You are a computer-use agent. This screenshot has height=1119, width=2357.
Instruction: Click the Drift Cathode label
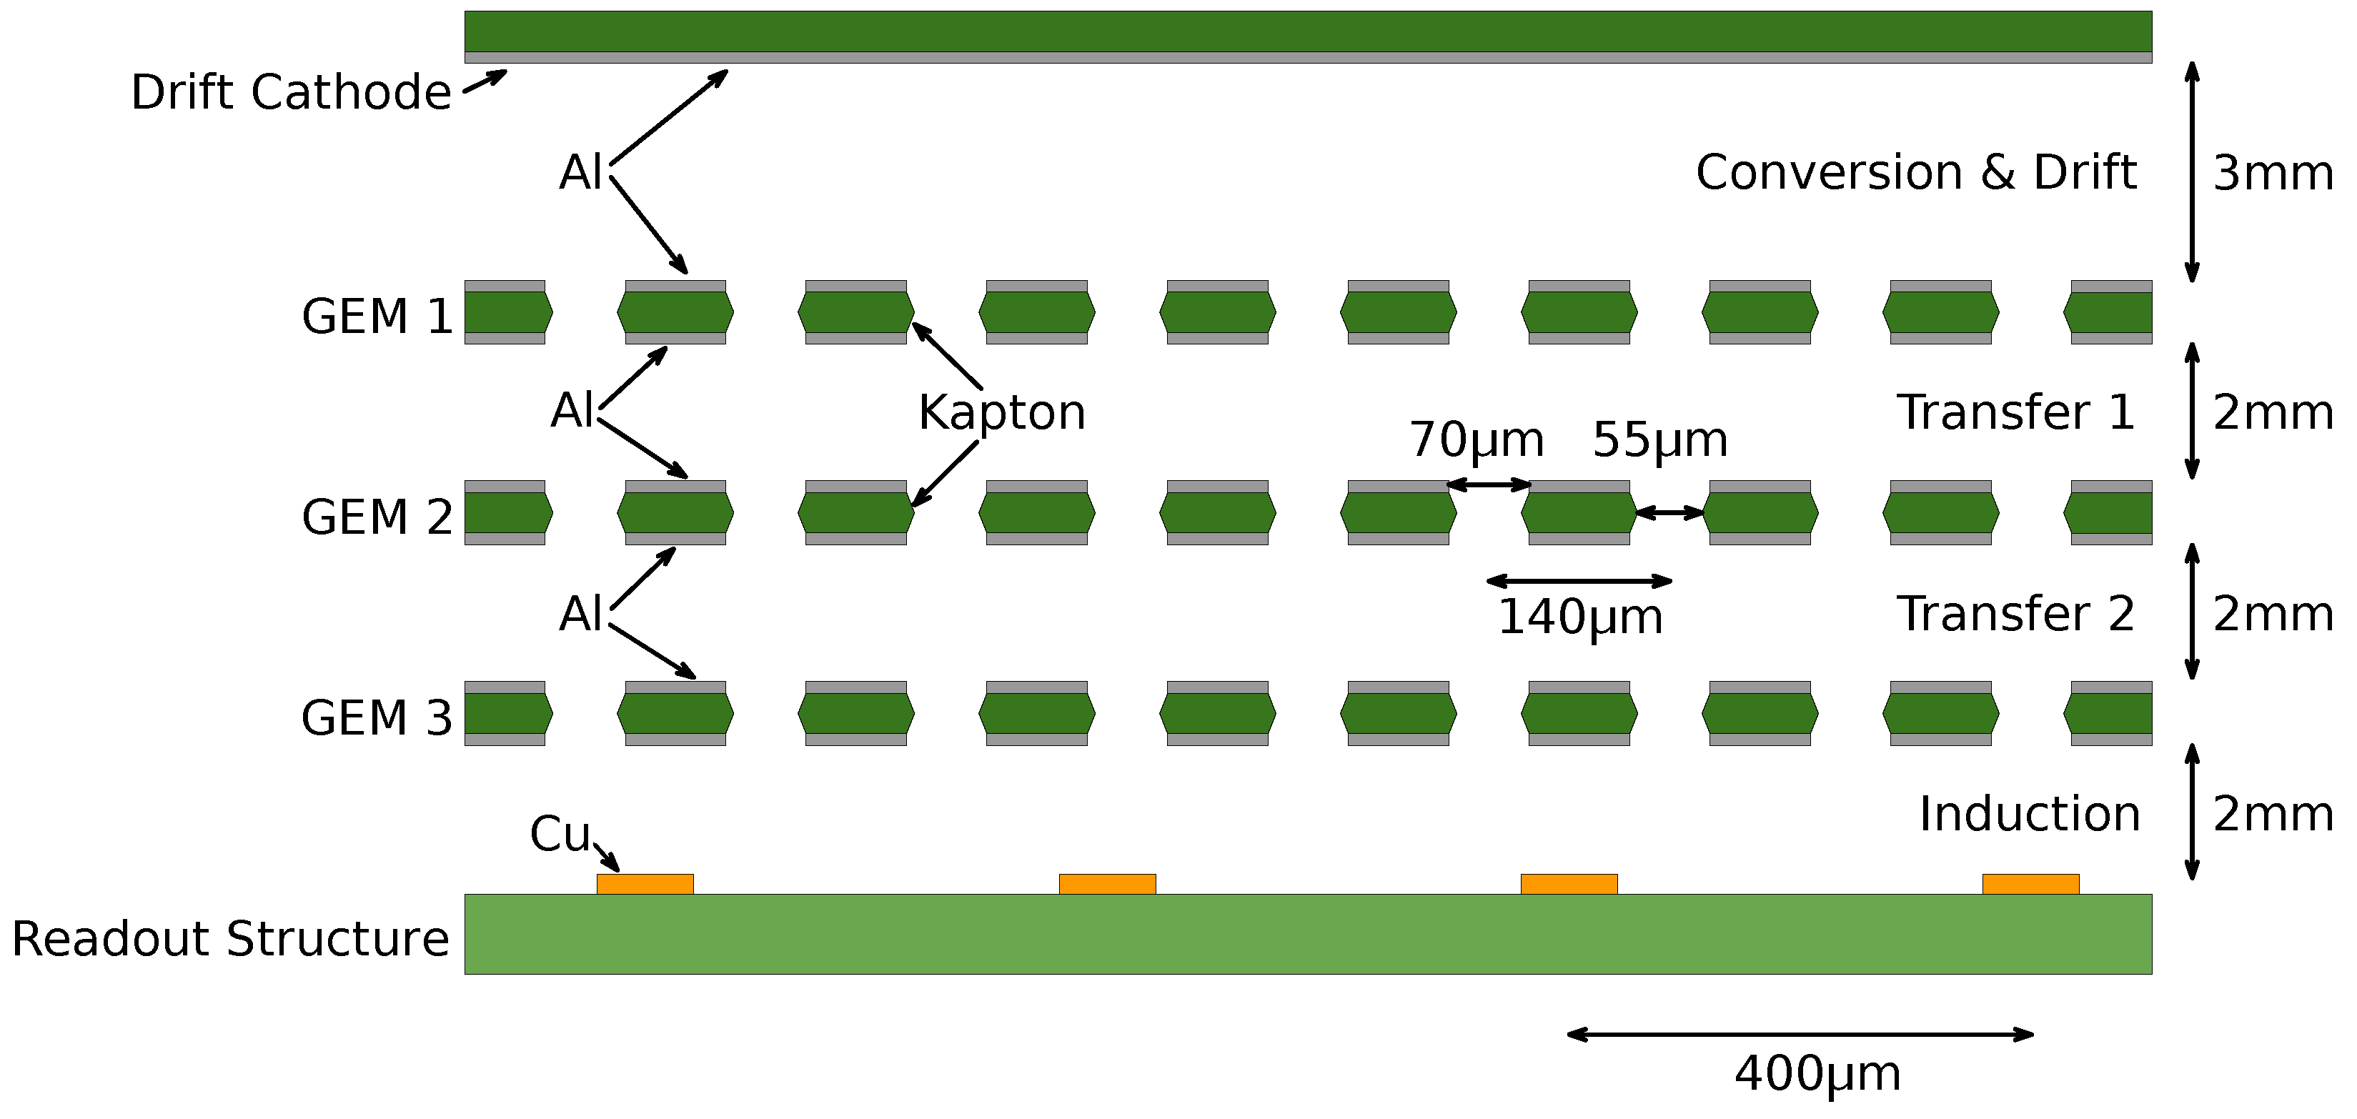(291, 92)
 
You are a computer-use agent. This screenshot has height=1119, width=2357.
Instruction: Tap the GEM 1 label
(377, 317)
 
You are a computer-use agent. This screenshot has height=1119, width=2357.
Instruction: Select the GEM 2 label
(377, 517)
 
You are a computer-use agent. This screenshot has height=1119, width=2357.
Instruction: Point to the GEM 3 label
(377, 717)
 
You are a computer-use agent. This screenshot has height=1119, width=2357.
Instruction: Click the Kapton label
(1002, 412)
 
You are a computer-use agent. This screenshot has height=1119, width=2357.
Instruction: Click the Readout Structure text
(231, 939)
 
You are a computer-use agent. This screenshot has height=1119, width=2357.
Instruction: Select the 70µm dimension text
(1476, 439)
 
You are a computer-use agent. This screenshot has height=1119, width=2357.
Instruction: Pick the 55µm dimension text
(1659, 439)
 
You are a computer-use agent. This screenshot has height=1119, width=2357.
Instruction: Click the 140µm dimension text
(1580, 617)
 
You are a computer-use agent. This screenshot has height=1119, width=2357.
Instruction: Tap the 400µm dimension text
(1817, 1073)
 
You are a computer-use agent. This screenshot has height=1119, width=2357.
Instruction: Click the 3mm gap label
(2273, 173)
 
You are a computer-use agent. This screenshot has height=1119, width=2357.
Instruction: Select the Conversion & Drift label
(1916, 173)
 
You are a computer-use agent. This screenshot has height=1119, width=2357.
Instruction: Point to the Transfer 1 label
(2015, 412)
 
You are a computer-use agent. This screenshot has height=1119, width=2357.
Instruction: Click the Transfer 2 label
(2015, 613)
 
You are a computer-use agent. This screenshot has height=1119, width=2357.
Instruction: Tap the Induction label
(2030, 813)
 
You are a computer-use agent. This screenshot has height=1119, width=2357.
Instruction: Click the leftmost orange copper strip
(645, 884)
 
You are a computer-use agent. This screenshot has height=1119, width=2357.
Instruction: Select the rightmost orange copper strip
(2030, 884)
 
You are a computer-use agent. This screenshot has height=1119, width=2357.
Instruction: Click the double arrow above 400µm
(1800, 1035)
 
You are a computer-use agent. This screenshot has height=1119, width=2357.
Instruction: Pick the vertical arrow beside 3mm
(2193, 172)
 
